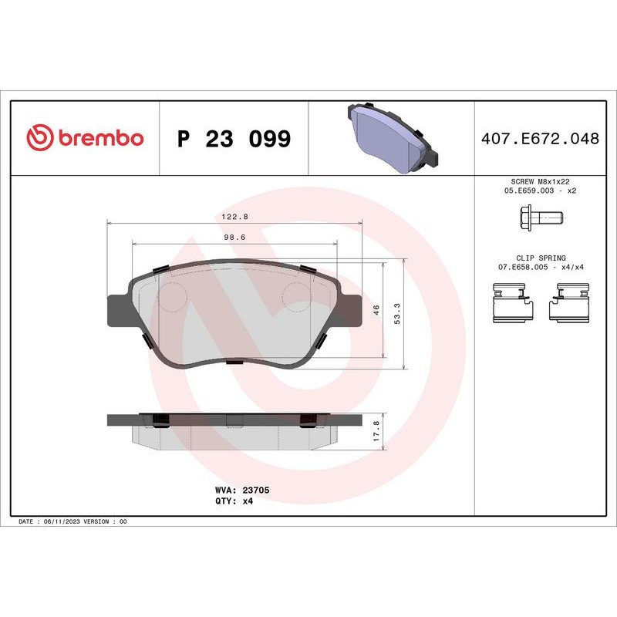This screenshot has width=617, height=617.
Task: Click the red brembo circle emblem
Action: [x=39, y=139]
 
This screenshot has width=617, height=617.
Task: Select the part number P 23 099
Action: [x=234, y=140]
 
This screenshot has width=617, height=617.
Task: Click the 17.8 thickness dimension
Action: [x=376, y=430]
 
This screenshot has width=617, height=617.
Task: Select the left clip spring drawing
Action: [x=512, y=302]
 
